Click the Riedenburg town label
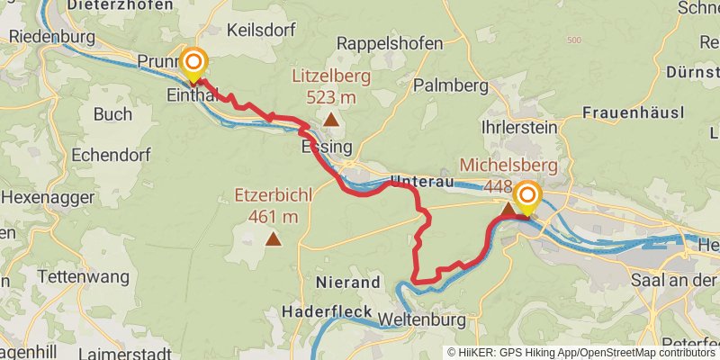click(51, 38)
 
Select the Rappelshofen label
click(390, 43)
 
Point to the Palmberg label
click(450, 85)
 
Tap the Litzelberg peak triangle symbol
click(331, 119)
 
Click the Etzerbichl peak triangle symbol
click(273, 239)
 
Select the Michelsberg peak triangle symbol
click(508, 209)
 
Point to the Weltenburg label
click(422, 320)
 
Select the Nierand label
click(348, 283)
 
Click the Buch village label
click(112, 114)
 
